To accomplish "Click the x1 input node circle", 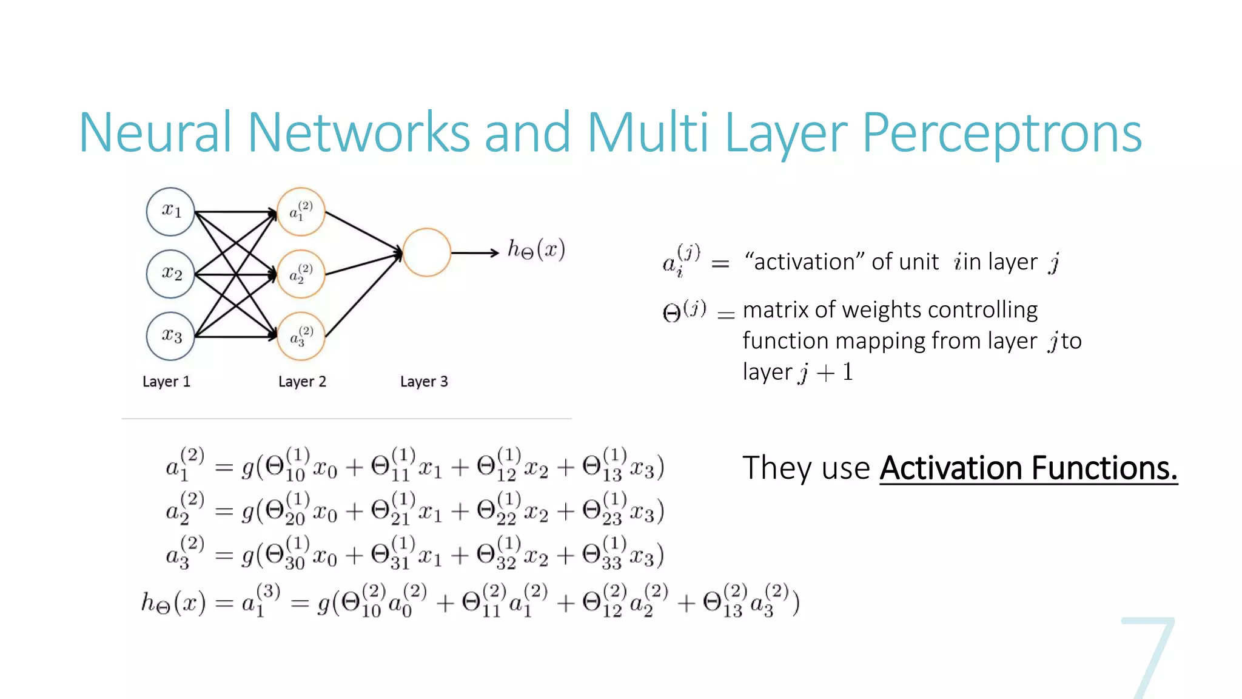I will tap(170, 212).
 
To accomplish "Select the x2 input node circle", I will tap(170, 274).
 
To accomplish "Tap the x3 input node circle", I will tap(170, 336).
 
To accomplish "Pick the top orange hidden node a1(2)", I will tap(301, 212).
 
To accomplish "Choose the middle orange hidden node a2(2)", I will tap(301, 274).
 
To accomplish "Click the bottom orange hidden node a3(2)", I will tap(301, 336).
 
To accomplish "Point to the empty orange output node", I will tap(426, 252).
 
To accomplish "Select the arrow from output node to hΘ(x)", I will tap(474, 252).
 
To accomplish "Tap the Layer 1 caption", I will tap(166, 382).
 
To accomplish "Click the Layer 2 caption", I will tap(302, 382).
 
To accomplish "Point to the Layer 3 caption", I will tap(424, 382).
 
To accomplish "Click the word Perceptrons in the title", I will tap(1001, 133).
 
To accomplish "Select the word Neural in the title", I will tap(155, 133).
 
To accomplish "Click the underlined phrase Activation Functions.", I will tap(1029, 468).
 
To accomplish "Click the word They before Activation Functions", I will tap(776, 468).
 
